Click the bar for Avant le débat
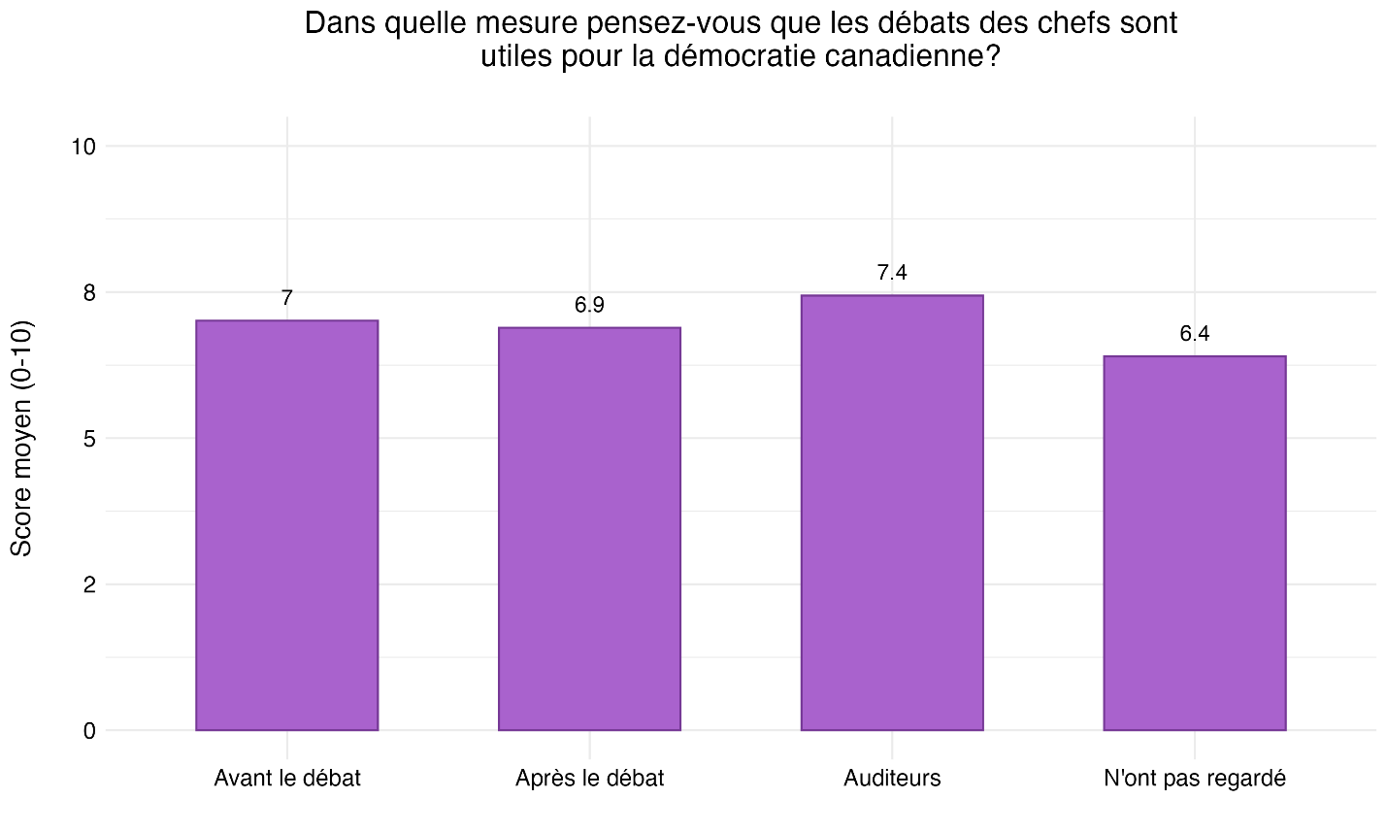(286, 525)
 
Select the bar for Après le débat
(589, 529)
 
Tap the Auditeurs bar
(892, 513)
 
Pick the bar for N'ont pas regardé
(1194, 543)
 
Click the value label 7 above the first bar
(287, 299)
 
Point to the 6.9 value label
(589, 306)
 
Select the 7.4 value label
(892, 274)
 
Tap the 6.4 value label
(1194, 335)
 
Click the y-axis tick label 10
(83, 147)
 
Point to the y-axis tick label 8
(89, 292)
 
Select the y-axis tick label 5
(89, 439)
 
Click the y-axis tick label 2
(89, 584)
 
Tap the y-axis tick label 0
(89, 731)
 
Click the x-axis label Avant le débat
(287, 779)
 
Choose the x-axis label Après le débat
(589, 779)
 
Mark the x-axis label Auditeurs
(892, 779)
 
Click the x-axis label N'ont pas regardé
(1194, 779)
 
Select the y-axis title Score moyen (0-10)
(22, 438)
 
